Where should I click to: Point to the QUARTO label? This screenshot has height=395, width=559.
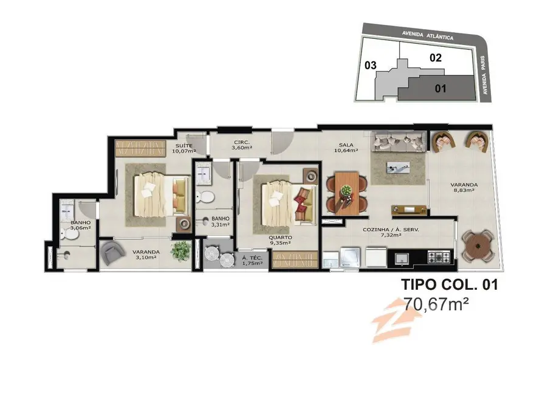pyautogui.click(x=283, y=238)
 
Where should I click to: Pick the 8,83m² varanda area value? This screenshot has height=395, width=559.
pyautogui.click(x=463, y=190)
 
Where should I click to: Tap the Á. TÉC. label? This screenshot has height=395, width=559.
pyautogui.click(x=252, y=258)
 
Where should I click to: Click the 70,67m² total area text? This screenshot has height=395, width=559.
pyautogui.click(x=439, y=303)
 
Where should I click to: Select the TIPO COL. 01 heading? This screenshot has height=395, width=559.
pyautogui.click(x=450, y=284)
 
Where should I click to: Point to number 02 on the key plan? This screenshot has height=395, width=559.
pyautogui.click(x=435, y=58)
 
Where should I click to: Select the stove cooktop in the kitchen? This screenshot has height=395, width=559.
pyautogui.click(x=439, y=258)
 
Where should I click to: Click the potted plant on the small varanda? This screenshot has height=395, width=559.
pyautogui.click(x=180, y=250)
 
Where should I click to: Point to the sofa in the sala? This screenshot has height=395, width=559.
pyautogui.click(x=399, y=142)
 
